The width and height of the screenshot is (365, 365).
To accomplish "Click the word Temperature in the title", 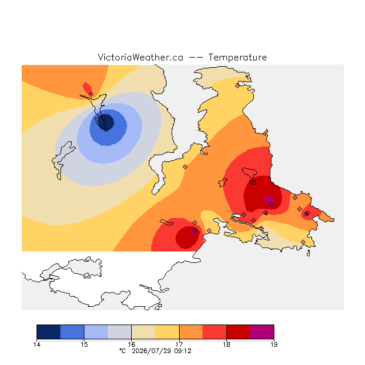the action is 237,57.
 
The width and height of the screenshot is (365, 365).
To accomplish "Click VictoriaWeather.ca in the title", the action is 140,57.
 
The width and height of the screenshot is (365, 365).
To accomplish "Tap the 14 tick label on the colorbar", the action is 36,344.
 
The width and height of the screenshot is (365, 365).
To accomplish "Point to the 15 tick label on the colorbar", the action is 84,344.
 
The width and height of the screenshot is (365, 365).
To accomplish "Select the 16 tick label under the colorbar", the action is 132,344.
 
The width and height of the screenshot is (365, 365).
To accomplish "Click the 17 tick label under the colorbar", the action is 179,344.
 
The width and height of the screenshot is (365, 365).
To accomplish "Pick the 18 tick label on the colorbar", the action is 226,344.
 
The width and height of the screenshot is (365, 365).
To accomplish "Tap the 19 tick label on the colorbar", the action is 274,344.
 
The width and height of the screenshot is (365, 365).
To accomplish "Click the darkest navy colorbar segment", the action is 48,332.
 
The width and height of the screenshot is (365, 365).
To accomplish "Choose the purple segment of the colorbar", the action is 262,332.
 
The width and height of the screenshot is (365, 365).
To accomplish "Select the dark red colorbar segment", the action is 238,332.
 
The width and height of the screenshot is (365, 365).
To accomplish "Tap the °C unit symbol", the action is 123,351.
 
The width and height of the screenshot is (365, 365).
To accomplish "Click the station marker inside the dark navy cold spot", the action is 104,118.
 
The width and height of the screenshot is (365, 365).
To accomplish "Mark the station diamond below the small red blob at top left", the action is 91,94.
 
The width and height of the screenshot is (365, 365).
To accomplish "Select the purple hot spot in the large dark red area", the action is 269,200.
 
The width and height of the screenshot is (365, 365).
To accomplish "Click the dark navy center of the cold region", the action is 106,122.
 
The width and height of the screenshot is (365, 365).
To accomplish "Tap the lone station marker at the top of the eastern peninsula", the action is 237,86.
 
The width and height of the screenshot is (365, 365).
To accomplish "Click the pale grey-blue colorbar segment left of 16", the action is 120,332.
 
